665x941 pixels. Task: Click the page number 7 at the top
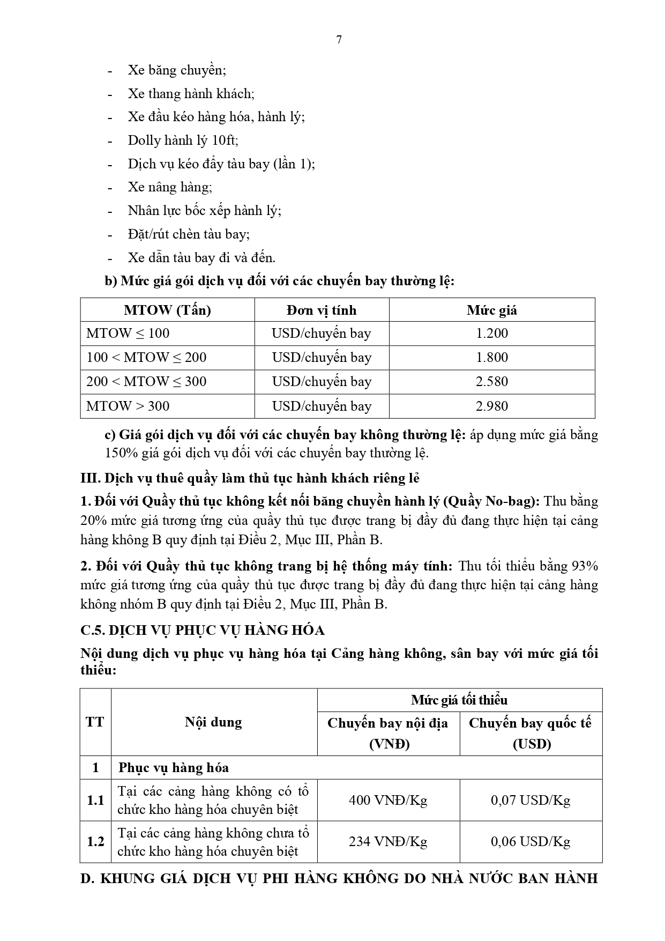(x=339, y=40)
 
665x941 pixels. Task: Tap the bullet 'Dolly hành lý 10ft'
(x=183, y=140)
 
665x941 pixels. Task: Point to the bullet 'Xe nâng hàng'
(x=169, y=187)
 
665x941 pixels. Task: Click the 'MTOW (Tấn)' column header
(x=167, y=310)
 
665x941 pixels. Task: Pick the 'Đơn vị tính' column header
(x=322, y=310)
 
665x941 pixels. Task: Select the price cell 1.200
(x=492, y=334)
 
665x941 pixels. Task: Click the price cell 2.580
(x=492, y=382)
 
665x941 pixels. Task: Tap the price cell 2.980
(x=492, y=406)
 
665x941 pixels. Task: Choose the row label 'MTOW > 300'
(x=128, y=406)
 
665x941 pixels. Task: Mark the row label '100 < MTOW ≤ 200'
(x=146, y=358)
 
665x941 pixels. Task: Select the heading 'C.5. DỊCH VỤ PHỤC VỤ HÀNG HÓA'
(x=203, y=630)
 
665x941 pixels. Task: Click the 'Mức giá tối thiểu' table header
(x=459, y=700)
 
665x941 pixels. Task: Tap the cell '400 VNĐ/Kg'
(x=388, y=800)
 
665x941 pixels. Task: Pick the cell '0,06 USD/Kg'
(x=530, y=842)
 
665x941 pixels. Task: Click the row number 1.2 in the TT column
(x=95, y=842)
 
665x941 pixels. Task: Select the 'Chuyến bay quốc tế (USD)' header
(x=530, y=733)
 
